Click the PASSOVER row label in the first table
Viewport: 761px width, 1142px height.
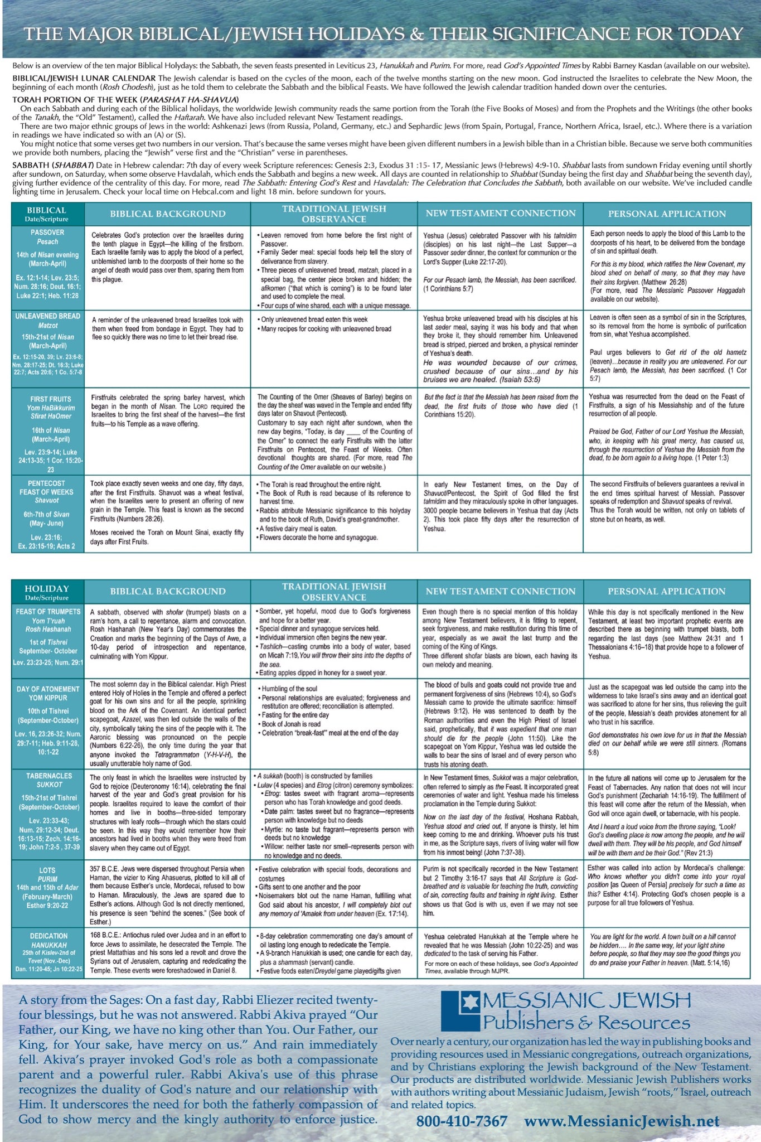click(x=47, y=233)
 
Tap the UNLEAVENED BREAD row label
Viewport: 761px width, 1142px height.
click(x=47, y=316)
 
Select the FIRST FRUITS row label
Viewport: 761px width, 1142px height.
click(x=51, y=399)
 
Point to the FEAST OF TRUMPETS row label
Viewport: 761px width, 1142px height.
click(x=47, y=612)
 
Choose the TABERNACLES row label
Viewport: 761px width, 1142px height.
click(x=49, y=776)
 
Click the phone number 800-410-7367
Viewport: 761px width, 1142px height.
click(x=462, y=1121)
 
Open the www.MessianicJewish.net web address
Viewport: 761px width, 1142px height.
click(x=622, y=1121)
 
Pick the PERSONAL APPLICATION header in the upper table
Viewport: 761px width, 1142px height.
click(x=666, y=214)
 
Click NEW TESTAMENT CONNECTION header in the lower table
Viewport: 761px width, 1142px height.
click(x=500, y=591)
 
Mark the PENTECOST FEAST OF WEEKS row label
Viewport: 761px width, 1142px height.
click(x=47, y=487)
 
